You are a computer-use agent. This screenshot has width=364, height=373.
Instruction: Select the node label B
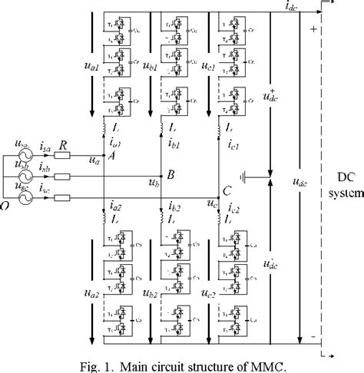[x=170, y=175]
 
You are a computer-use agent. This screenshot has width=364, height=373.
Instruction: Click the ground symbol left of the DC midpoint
[x=244, y=180]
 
